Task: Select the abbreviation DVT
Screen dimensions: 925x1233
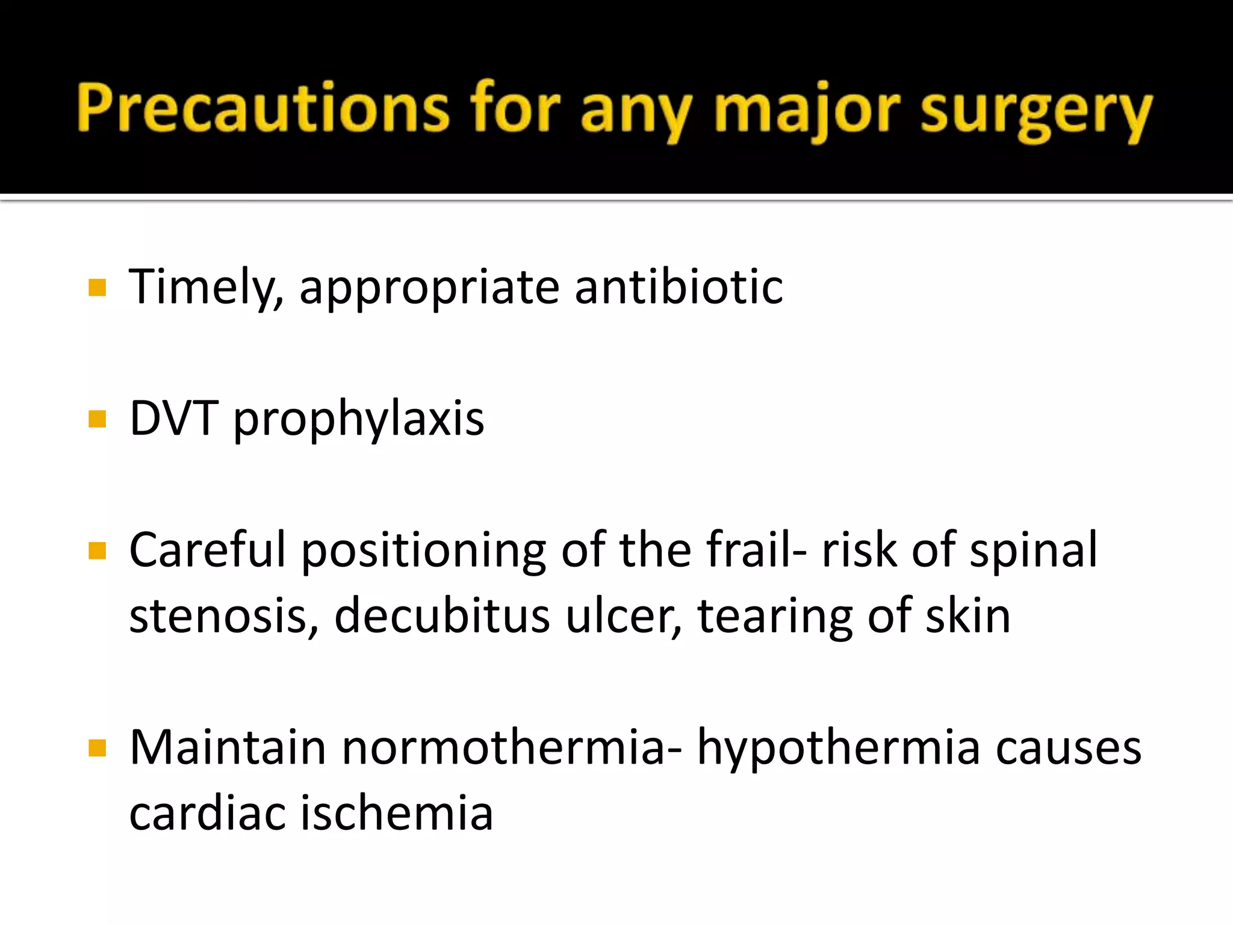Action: [x=174, y=418]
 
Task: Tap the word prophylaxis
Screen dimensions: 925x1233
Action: [x=359, y=420]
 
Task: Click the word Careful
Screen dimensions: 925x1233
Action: [x=208, y=549]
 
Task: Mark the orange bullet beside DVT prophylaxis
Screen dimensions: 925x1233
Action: [x=97, y=419]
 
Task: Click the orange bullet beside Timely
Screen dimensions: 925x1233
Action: [x=97, y=287]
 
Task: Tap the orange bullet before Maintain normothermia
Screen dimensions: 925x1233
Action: [x=97, y=748]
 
